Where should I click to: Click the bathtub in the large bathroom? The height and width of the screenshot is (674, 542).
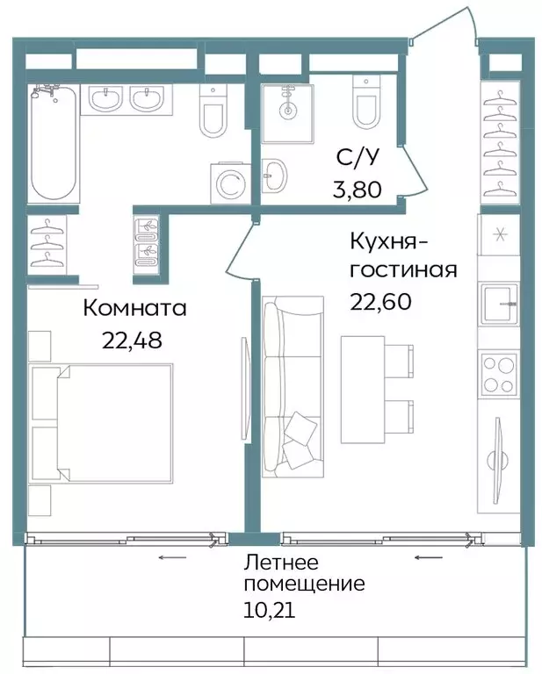(54, 144)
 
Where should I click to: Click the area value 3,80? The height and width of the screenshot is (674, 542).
(357, 188)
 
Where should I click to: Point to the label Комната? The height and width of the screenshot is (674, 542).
(135, 308)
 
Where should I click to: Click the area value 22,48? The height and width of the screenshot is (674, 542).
(133, 341)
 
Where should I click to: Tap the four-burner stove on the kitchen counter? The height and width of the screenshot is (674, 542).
(500, 374)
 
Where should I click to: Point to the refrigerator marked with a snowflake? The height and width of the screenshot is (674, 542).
(500, 236)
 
